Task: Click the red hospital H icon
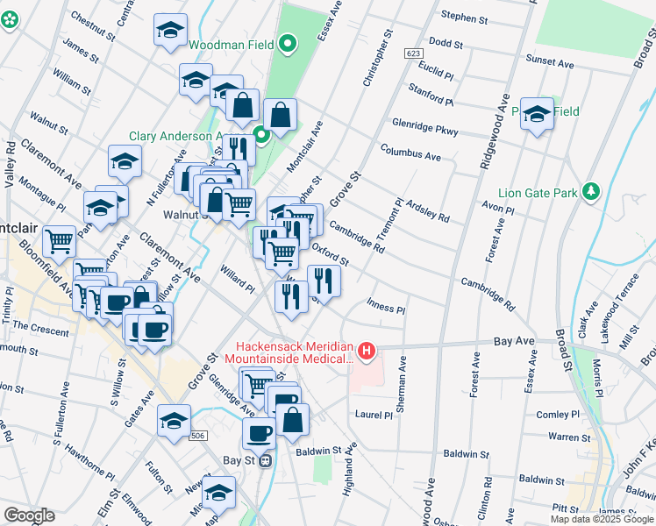(x=367, y=352)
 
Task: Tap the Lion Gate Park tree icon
(x=591, y=192)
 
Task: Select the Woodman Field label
(x=232, y=44)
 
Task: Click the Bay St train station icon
(x=264, y=460)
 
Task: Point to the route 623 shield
(x=414, y=54)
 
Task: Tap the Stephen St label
(x=465, y=18)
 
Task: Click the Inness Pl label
(x=385, y=309)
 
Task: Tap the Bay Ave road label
(x=515, y=340)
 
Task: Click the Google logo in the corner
(x=28, y=515)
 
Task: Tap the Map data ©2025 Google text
(x=601, y=519)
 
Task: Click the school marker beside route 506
(x=174, y=422)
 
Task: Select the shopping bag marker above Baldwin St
(x=292, y=421)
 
